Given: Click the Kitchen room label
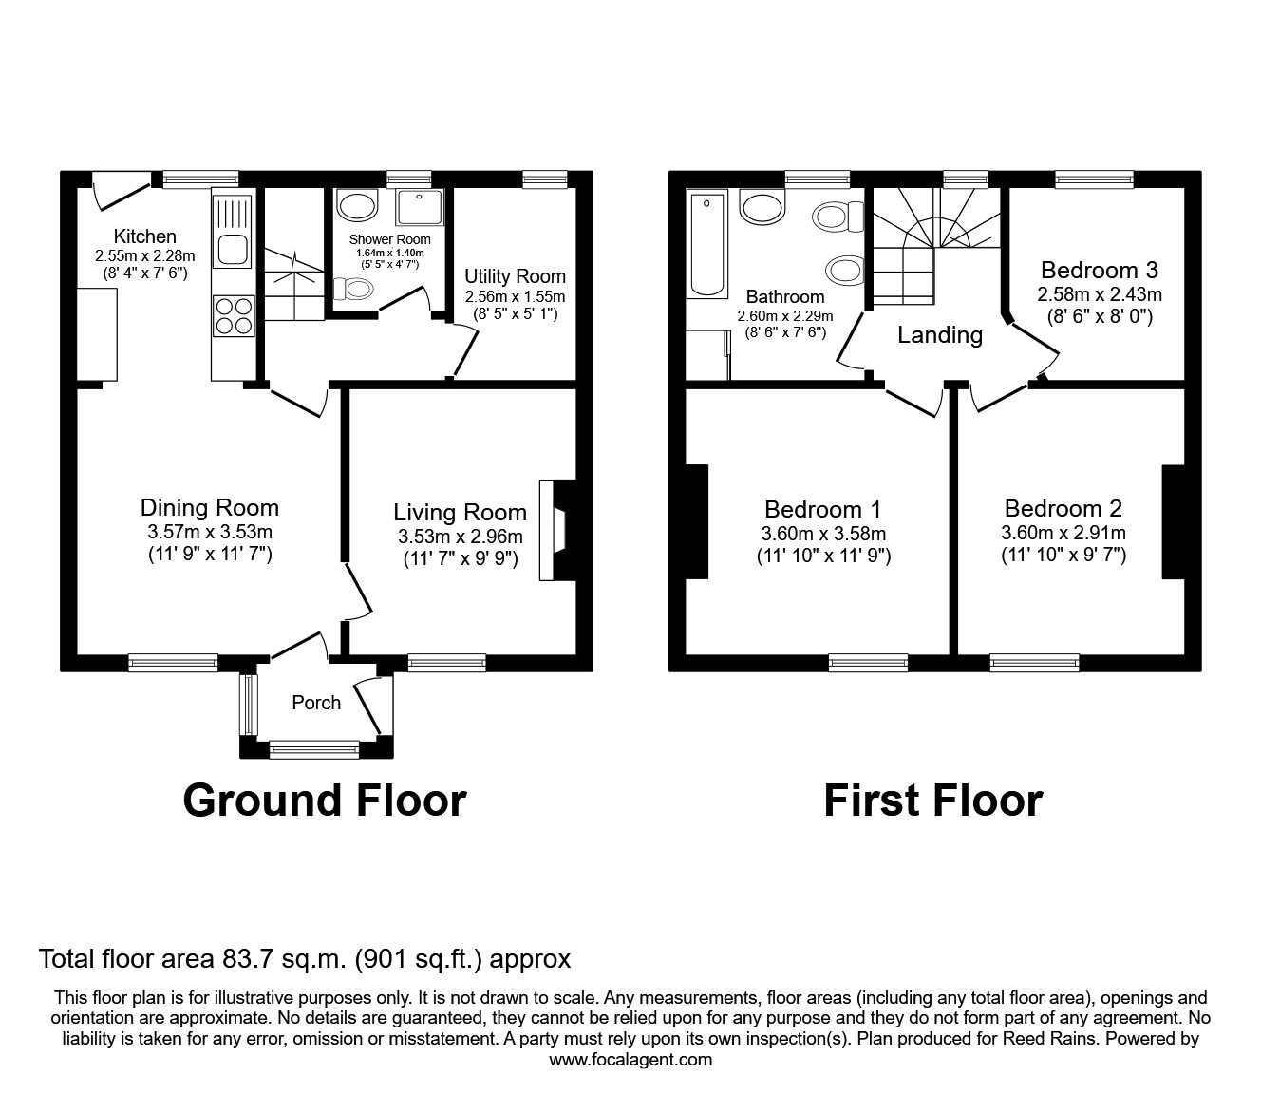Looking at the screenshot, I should click(x=144, y=236).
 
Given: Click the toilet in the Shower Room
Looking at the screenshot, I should click(x=355, y=288).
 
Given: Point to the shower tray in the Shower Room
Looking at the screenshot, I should click(x=414, y=208).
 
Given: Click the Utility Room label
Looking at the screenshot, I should click(x=515, y=276).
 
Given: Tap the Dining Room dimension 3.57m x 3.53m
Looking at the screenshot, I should click(x=210, y=532).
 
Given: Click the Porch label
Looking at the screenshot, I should click(x=316, y=703).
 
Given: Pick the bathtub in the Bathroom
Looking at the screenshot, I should click(x=706, y=243).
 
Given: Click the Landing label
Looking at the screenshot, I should click(x=940, y=334).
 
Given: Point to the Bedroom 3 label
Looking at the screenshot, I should click(x=1099, y=270).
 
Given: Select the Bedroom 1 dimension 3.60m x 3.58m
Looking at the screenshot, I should click(x=823, y=534).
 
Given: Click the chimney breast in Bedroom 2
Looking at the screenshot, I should click(x=1173, y=521).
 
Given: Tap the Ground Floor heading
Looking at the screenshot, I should click(x=324, y=801).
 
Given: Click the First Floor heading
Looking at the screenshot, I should click(x=932, y=801).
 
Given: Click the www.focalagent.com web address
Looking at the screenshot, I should click(x=630, y=1060).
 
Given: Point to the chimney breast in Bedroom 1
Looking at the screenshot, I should click(x=696, y=521).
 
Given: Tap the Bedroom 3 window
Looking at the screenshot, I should click(x=1094, y=179).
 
